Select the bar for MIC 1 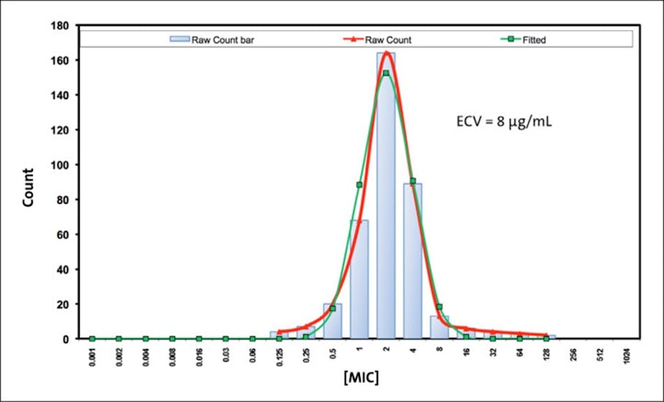tap(359, 279)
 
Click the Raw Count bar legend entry tap(213, 40)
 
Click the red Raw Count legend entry tap(381, 40)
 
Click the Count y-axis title tap(28, 187)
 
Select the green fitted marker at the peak tap(386, 73)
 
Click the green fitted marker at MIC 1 tap(359, 185)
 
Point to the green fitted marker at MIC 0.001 tap(92, 338)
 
